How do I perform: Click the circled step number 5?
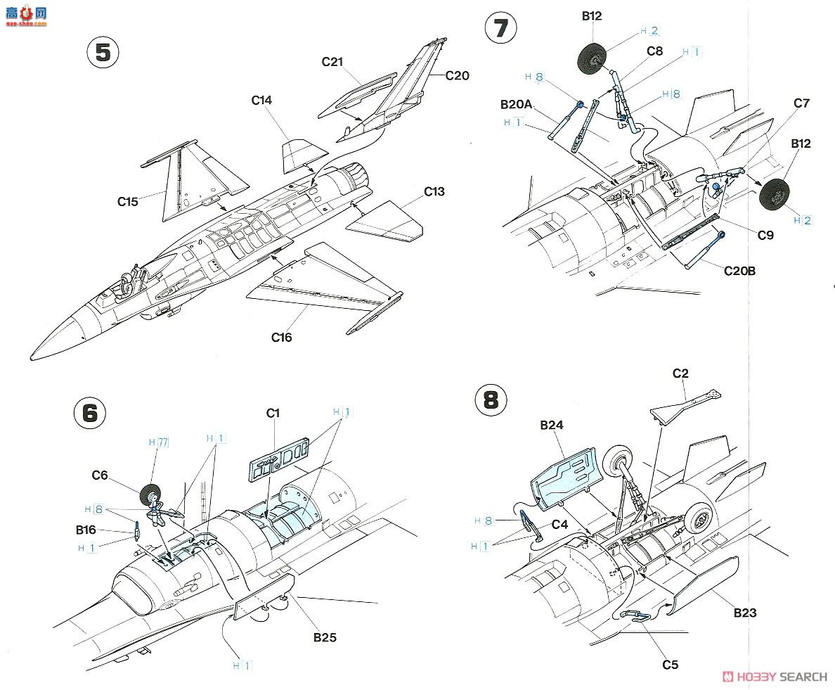(x=103, y=54)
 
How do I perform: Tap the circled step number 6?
(x=90, y=413)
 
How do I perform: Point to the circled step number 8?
(x=491, y=401)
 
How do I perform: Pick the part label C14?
(x=261, y=101)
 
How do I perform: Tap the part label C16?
(x=282, y=337)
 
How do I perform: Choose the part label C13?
(x=434, y=191)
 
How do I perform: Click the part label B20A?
(x=517, y=104)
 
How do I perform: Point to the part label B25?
(x=325, y=638)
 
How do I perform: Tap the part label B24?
(x=552, y=425)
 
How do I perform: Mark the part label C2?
(x=680, y=373)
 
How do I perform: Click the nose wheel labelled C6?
(x=151, y=496)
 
